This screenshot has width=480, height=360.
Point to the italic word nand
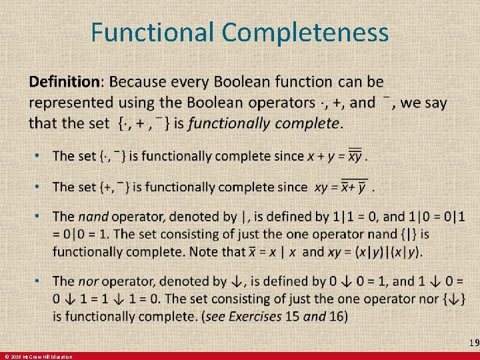93,217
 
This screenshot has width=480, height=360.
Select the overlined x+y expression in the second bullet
354,187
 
